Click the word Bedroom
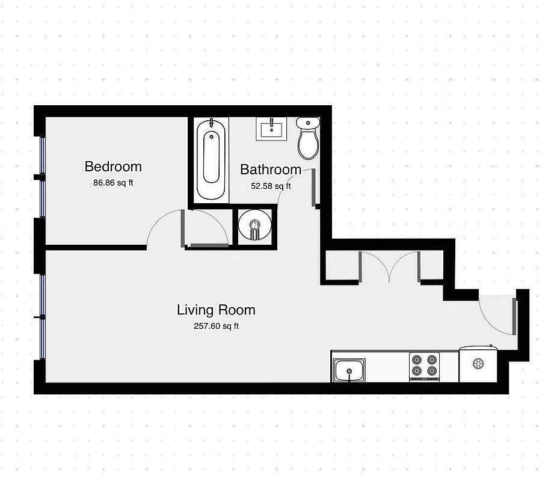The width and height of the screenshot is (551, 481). click(x=113, y=167)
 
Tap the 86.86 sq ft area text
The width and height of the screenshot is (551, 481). click(x=113, y=183)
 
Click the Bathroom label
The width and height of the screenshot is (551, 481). click(x=271, y=170)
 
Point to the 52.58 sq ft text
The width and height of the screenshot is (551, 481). click(x=271, y=186)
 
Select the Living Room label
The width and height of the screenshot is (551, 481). click(x=216, y=310)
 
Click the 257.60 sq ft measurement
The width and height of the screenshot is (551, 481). click(x=216, y=326)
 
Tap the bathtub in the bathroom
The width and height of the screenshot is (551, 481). click(x=211, y=158)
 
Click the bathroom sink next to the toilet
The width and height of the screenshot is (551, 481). click(x=272, y=129)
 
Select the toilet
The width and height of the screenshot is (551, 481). click(x=309, y=138)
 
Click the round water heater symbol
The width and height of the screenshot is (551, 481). click(x=254, y=226)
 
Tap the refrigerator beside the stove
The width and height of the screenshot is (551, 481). click(x=478, y=364)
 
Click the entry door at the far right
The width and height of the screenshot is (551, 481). click(x=514, y=316)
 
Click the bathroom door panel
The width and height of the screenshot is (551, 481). click(x=314, y=188)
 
